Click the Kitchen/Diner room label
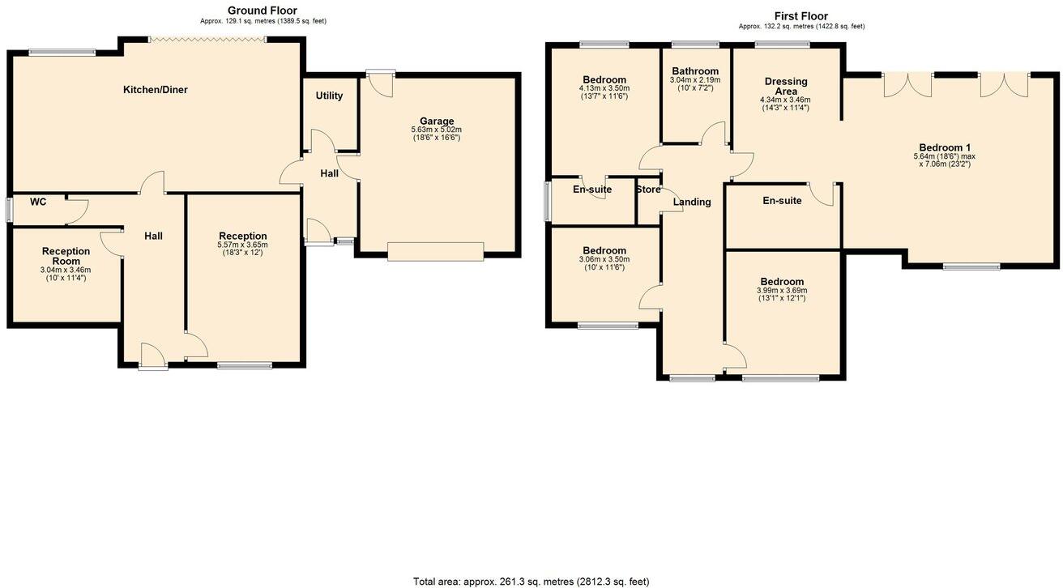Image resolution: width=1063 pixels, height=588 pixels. (x=155, y=90)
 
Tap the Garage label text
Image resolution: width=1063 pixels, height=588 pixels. (x=436, y=121)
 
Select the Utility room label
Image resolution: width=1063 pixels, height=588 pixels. (x=329, y=96)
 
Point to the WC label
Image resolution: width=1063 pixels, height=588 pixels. (x=38, y=202)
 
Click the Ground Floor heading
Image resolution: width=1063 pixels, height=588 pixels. (x=262, y=11)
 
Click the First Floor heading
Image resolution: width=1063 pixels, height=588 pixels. (x=800, y=16)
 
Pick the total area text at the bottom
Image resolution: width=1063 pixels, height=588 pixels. (x=531, y=581)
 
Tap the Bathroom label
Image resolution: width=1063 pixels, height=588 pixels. (x=694, y=71)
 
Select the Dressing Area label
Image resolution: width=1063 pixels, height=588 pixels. (x=785, y=86)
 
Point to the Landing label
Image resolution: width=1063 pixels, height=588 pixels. (x=692, y=202)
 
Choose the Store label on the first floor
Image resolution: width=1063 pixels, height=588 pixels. (x=648, y=190)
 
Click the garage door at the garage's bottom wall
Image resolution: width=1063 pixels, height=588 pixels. (x=435, y=252)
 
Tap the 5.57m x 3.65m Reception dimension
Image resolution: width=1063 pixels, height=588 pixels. (x=242, y=245)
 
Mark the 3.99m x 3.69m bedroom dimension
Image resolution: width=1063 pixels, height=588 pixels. (x=781, y=291)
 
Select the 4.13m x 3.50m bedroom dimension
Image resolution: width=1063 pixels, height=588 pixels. (x=604, y=88)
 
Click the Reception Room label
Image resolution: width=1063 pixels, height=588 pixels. (x=66, y=256)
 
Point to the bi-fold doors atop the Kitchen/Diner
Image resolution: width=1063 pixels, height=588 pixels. (x=207, y=38)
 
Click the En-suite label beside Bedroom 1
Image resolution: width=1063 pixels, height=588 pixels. (x=782, y=201)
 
